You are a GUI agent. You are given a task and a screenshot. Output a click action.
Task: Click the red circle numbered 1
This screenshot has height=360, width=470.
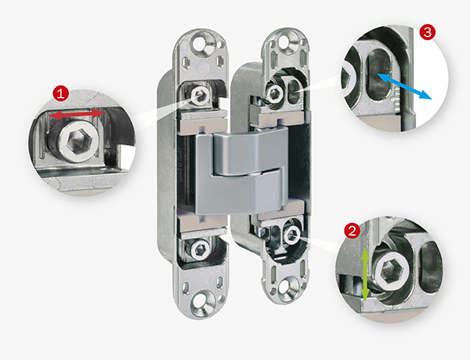(61, 94)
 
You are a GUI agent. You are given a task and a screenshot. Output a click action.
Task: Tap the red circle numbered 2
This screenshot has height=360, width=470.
(352, 231)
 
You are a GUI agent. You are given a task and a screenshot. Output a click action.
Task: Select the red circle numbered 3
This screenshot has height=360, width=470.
(428, 32)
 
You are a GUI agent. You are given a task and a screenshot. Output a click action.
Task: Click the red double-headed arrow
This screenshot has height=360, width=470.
(77, 114)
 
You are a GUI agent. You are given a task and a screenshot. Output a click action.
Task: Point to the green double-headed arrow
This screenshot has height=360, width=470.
(365, 274)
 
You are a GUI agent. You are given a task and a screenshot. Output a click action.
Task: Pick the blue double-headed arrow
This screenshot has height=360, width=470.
(404, 85)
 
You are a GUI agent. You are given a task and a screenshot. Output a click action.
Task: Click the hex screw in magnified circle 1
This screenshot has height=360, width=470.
(78, 141)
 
